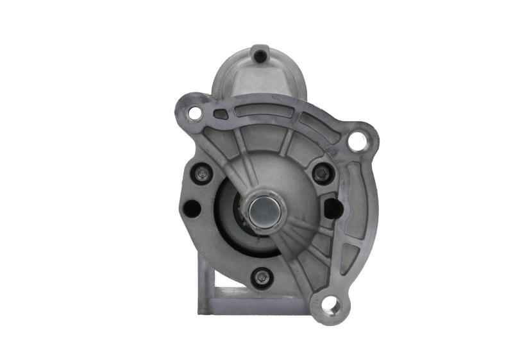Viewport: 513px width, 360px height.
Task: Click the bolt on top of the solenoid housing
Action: pyautogui.click(x=259, y=56)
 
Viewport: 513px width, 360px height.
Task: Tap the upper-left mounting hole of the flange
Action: pyautogui.click(x=195, y=114)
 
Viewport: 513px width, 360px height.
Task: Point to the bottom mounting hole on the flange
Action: pyautogui.click(x=330, y=304)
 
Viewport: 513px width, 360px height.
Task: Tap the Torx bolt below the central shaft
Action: pyautogui.click(x=261, y=277)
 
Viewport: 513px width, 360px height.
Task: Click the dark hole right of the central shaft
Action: pyautogui.click(x=333, y=207)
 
